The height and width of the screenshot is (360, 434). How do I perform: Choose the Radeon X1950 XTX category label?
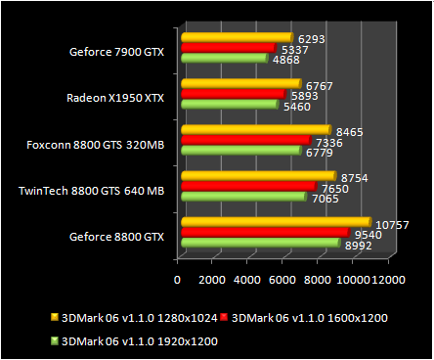(x=114, y=98)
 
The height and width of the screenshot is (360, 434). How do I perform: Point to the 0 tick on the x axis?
(x=177, y=281)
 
